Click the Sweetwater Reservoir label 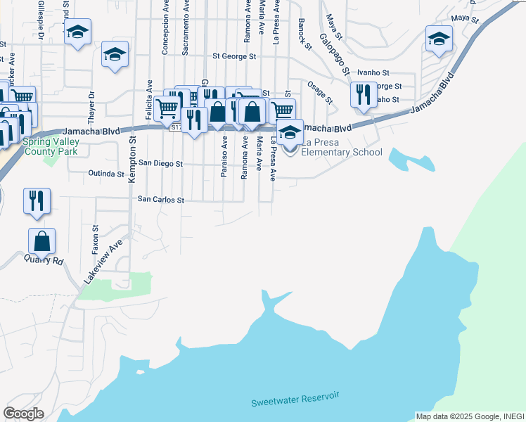tap(295, 399)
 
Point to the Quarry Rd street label tap(47, 260)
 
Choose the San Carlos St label tap(160, 200)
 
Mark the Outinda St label tap(106, 173)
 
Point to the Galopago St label tap(335, 54)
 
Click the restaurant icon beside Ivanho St tap(363, 94)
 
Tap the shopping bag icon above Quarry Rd tap(42, 241)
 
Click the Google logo tap(23, 414)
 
